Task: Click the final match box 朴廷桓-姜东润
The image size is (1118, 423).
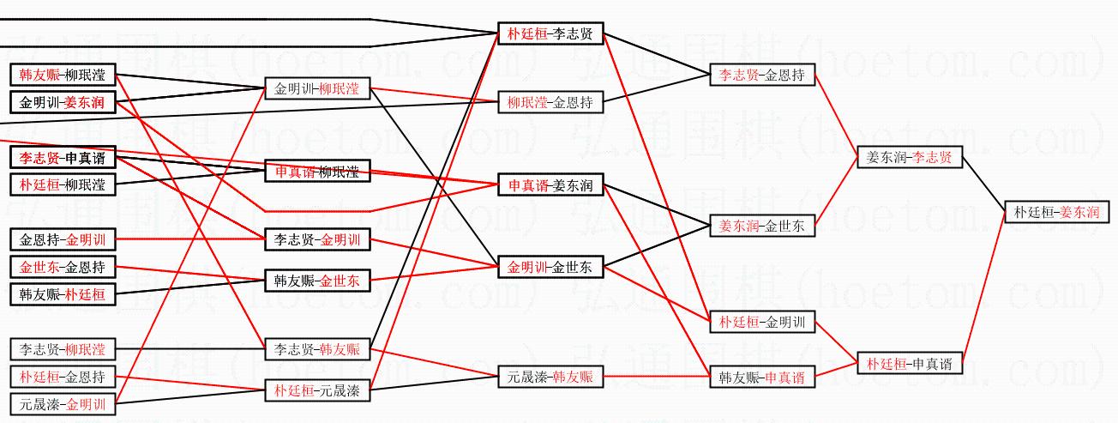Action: (1055, 212)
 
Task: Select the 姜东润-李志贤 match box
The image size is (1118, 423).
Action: (909, 158)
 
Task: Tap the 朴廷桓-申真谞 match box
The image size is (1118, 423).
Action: (909, 364)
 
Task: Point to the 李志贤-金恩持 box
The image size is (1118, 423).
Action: (762, 76)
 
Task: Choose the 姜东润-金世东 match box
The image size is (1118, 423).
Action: (762, 227)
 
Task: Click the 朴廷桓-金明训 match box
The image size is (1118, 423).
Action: (762, 323)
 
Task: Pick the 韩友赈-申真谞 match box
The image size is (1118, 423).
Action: (762, 377)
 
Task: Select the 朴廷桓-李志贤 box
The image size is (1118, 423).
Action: (550, 34)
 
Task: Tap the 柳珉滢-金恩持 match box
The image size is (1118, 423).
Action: (550, 103)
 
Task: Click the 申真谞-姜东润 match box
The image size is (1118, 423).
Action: (550, 185)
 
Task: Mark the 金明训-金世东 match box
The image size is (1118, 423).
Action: (550, 267)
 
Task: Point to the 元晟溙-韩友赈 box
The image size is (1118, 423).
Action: (550, 376)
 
